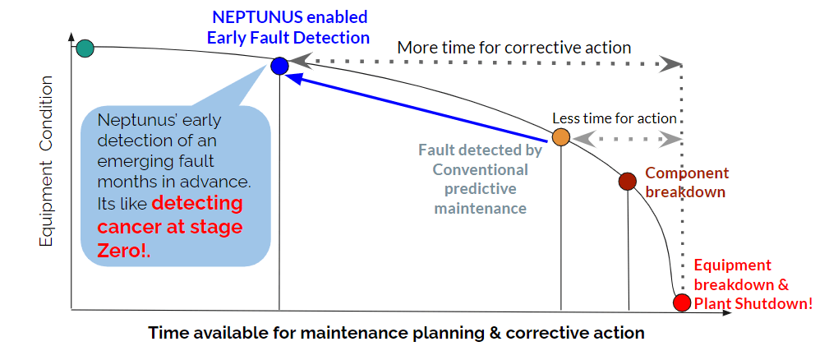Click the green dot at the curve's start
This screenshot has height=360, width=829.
[85, 48]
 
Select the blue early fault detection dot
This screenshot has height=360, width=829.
[279, 66]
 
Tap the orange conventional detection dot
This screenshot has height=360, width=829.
[560, 137]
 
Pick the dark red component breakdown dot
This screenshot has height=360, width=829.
[627, 182]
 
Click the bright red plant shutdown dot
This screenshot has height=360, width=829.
[682, 302]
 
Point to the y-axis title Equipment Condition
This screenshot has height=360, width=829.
[47, 161]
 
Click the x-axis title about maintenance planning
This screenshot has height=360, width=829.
[396, 333]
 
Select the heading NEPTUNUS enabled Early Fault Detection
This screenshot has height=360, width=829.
[288, 27]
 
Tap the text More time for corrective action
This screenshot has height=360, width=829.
[514, 48]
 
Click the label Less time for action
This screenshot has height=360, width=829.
[615, 118]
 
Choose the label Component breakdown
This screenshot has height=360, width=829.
[687, 182]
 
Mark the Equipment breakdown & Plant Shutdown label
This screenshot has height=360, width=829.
[753, 284]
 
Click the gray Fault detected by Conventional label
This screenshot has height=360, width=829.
[481, 179]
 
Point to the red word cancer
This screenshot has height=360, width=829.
[130, 227]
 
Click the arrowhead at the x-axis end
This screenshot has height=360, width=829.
[726, 313]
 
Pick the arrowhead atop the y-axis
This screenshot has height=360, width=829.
[71, 37]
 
